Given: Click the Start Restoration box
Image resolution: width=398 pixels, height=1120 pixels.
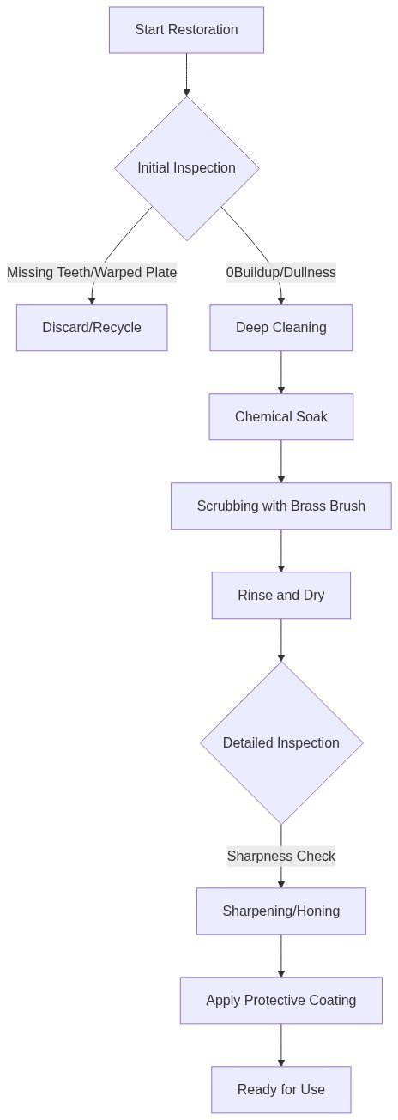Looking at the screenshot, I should click(x=186, y=30).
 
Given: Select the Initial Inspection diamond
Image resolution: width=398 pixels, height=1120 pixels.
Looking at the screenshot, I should click(x=186, y=168).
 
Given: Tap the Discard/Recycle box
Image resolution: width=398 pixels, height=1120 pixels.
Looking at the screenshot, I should click(x=92, y=328).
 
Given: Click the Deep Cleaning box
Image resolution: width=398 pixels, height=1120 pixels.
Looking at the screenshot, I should click(x=280, y=328).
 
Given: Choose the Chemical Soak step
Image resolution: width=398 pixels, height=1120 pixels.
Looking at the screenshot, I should click(x=280, y=417).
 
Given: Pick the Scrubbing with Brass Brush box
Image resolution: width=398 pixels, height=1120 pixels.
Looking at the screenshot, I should click(x=280, y=506).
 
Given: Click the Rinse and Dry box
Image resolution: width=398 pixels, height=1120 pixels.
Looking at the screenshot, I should click(x=280, y=596).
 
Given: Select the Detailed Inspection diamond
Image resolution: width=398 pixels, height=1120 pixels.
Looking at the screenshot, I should click(x=280, y=743).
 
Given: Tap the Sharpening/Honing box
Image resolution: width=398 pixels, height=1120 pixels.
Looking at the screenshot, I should click(x=280, y=911).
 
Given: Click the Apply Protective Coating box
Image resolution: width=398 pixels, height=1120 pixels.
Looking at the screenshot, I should click(x=280, y=1001).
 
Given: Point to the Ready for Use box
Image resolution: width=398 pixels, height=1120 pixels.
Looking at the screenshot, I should click(x=280, y=1090).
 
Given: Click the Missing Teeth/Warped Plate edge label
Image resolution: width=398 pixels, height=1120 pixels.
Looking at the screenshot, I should click(x=92, y=273).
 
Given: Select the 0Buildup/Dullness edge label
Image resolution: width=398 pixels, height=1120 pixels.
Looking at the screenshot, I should click(x=280, y=273).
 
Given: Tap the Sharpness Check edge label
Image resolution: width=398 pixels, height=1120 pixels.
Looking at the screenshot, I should click(x=280, y=857).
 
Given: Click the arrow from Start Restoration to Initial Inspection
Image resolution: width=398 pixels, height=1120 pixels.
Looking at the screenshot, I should click(x=186, y=75).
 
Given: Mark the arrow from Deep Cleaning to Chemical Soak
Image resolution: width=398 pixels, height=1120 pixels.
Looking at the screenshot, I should click(x=280, y=372).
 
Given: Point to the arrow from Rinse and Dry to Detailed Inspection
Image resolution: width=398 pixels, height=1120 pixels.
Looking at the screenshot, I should click(x=280, y=639).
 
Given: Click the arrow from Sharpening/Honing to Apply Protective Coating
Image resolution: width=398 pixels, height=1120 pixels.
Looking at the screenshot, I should click(x=280, y=956).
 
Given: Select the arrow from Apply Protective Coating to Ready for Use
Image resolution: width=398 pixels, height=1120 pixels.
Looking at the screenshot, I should click(x=280, y=1045).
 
